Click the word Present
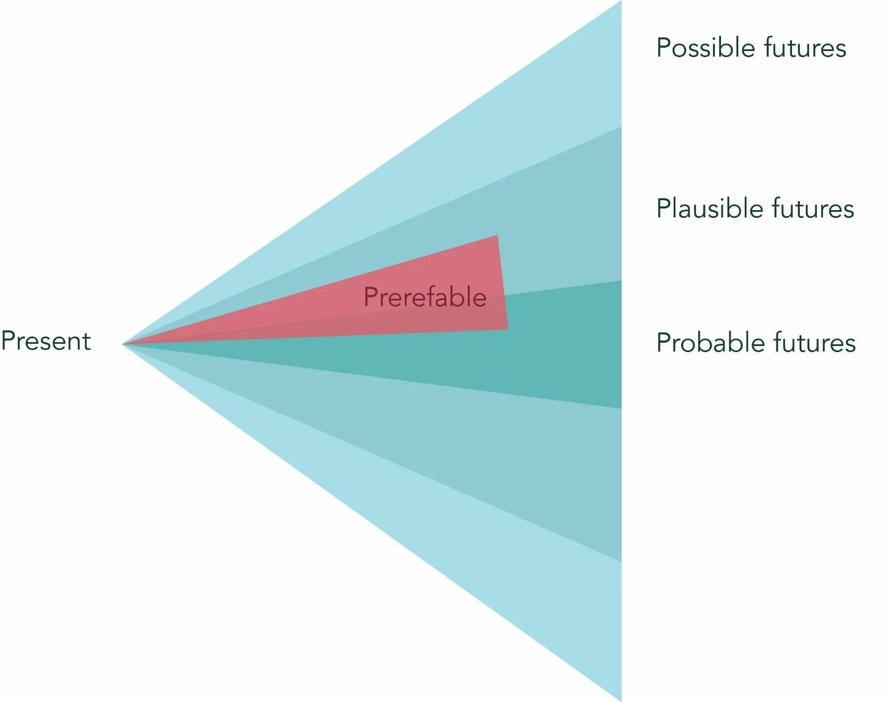46,340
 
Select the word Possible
705,49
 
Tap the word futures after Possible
805,48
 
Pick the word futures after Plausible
813,209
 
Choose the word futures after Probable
815,343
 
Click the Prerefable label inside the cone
425,297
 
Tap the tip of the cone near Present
124,344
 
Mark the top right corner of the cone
620,2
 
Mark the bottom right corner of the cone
620,700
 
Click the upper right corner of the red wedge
497,236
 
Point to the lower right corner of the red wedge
507,329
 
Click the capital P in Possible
663,48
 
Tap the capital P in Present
8,340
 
